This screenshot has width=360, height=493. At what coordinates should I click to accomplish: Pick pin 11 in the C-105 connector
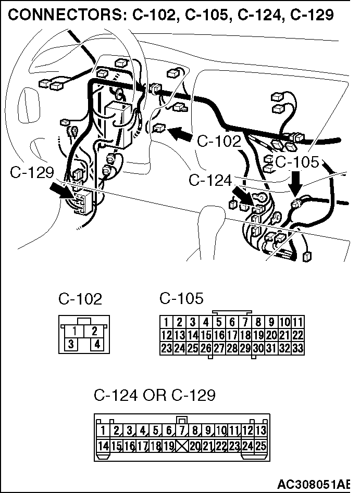pyautogui.click(x=298, y=322)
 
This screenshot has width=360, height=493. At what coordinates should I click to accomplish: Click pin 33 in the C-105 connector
pyautogui.click(x=298, y=348)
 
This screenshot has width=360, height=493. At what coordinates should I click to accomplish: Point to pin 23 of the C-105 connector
pyautogui.click(x=166, y=348)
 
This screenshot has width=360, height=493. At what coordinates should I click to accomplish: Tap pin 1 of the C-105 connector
pyautogui.click(x=166, y=322)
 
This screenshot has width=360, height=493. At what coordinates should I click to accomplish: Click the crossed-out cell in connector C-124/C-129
pyautogui.click(x=182, y=445)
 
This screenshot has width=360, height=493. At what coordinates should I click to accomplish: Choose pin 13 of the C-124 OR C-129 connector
pyautogui.click(x=260, y=431)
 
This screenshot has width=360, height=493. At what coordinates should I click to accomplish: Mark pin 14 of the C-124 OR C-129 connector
pyautogui.click(x=103, y=445)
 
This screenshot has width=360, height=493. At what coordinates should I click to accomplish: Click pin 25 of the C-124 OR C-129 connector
pyautogui.click(x=260, y=445)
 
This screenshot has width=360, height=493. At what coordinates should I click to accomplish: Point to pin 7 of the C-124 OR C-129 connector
pyautogui.click(x=182, y=431)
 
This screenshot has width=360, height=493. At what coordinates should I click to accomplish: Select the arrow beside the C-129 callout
pyautogui.click(x=61, y=190)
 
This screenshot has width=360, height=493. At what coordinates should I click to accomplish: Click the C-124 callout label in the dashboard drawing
pyautogui.click(x=210, y=181)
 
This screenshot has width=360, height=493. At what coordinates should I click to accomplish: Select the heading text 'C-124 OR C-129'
pyautogui.click(x=154, y=396)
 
